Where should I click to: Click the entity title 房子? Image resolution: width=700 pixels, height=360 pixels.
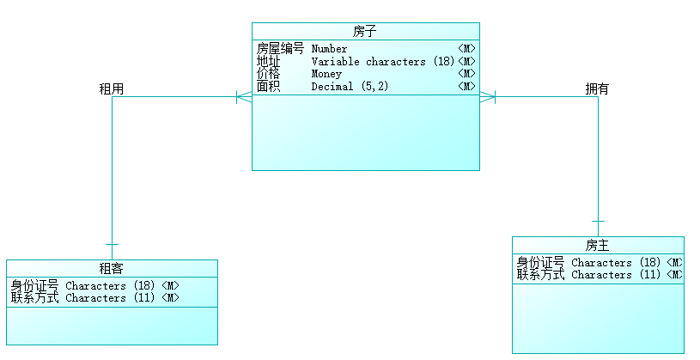[365, 32]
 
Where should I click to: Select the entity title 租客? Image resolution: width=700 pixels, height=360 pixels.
[112, 269]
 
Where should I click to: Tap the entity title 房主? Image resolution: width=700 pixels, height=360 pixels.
[598, 246]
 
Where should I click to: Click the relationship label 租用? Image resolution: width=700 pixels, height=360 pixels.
[112, 88]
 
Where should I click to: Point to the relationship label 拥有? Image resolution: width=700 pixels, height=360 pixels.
[597, 88]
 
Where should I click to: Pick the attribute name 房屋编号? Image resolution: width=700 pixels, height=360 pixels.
[280, 49]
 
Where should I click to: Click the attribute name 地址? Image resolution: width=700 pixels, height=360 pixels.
[269, 62]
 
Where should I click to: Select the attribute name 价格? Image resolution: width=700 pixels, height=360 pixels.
[269, 74]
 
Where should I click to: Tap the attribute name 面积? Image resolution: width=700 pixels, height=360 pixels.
[269, 86]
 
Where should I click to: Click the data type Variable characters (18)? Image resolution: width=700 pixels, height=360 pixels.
[382, 62]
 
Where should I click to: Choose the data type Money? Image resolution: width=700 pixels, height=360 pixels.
[326, 74]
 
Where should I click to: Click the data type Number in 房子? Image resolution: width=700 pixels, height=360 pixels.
[329, 49]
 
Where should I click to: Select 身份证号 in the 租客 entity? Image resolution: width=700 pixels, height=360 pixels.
[34, 286]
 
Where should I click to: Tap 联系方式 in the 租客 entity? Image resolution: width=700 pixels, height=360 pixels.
[34, 298]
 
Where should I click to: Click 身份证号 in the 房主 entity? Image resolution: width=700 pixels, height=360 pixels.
[540, 263]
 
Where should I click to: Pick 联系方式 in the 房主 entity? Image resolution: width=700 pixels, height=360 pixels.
[540, 275]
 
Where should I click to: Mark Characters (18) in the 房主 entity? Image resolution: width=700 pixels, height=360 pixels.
[616, 263]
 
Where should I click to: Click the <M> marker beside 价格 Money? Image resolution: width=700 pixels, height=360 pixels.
[466, 74]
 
